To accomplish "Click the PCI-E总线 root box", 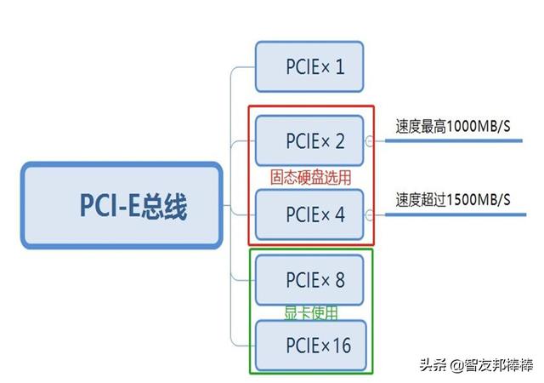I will (122, 205).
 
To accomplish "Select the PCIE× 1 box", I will (309, 66).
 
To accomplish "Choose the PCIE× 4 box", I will (309, 214).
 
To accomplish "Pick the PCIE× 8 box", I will (309, 280).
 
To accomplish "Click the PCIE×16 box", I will (309, 346).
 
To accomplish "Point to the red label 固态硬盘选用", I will (310, 177).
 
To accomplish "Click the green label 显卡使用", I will (310, 313).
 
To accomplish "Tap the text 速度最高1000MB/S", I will (452, 126).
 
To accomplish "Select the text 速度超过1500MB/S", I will (452, 200).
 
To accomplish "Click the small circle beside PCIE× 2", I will (369, 141).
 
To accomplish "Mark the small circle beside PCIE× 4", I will (369, 214).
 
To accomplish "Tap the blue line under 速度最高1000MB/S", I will (459, 141).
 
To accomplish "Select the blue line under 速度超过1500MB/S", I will (459, 214).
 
